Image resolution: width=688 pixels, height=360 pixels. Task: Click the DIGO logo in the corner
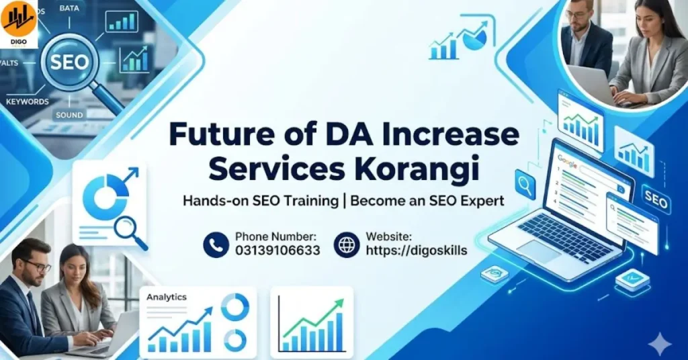click(x=19, y=24)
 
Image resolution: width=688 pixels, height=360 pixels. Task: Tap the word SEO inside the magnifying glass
click(x=70, y=62)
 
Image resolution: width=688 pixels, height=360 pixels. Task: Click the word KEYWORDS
click(x=28, y=101)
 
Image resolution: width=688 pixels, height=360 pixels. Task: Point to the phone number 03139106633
click(x=277, y=251)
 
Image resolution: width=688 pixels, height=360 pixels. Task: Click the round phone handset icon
click(x=216, y=244)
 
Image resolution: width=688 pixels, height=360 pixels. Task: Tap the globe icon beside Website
click(x=347, y=244)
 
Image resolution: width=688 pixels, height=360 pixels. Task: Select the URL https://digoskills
click(x=416, y=251)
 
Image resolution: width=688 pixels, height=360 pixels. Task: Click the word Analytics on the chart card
click(x=167, y=297)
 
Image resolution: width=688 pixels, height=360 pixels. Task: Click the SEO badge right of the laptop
click(x=655, y=201)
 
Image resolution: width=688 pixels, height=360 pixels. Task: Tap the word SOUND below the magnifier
click(x=69, y=116)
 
